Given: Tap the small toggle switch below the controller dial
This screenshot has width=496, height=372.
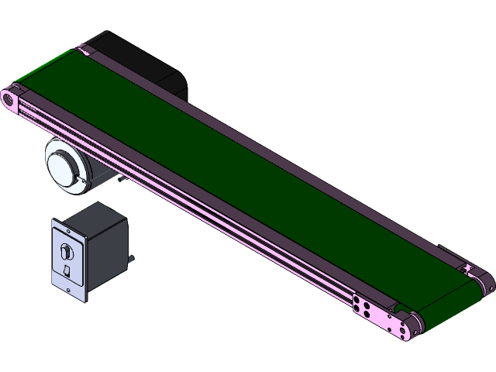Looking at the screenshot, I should [67, 270].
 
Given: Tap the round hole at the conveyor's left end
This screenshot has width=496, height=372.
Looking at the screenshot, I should [9, 100].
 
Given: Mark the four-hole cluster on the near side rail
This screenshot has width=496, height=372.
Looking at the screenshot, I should [362, 306].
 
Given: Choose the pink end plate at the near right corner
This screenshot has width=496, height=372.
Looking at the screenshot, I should [403, 325].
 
